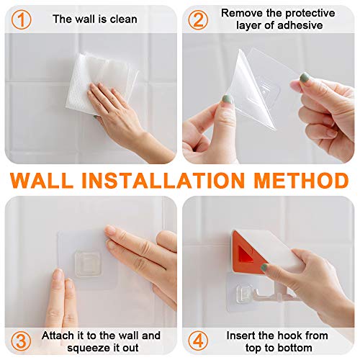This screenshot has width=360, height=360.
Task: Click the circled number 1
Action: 24,19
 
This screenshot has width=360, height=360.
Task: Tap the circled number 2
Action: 198,19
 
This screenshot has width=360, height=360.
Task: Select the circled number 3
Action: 24,340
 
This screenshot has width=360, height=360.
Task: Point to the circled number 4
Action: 198,340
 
